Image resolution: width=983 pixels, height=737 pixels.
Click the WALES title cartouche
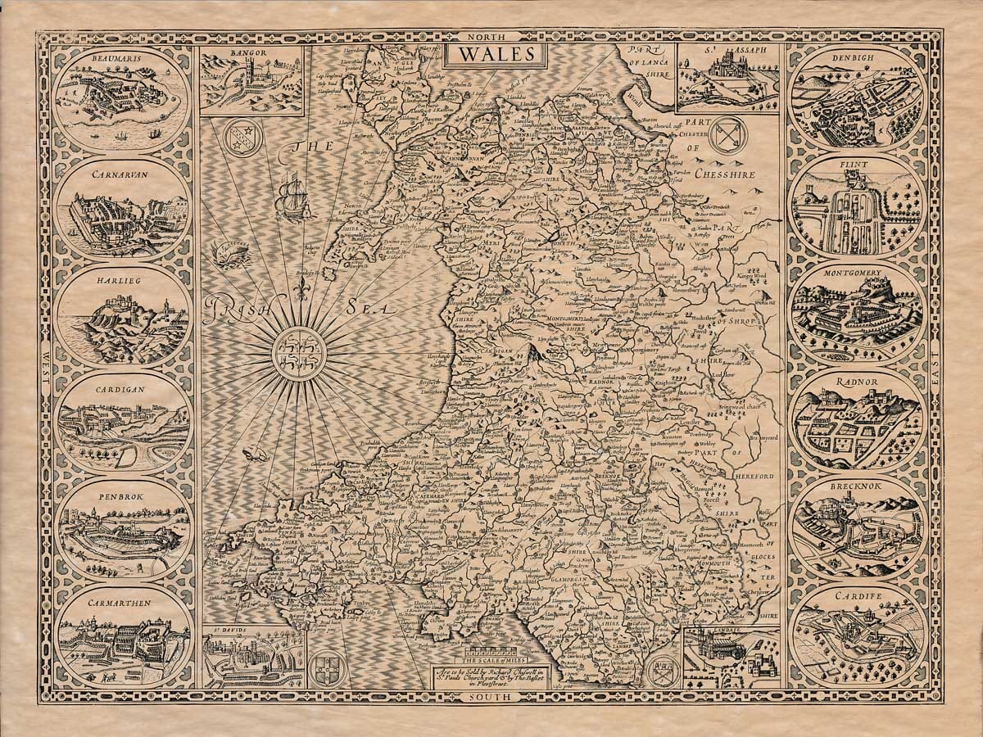[x=491, y=55]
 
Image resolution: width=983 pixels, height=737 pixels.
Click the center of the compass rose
[x=299, y=354]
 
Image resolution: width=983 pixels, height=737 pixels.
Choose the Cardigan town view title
[x=120, y=390]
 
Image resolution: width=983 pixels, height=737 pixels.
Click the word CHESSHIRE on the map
[x=721, y=174]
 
